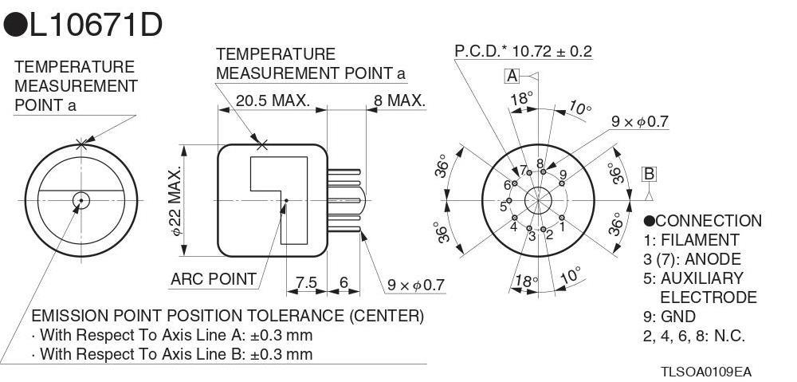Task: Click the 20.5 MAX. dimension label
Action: tap(273, 101)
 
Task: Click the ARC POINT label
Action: tap(214, 279)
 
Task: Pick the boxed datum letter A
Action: tap(512, 76)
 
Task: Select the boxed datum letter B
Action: tap(649, 174)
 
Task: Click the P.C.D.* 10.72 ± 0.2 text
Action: tap(523, 52)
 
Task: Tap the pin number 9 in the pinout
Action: tap(563, 175)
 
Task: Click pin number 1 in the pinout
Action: tap(562, 226)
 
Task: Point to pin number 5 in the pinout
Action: tap(503, 207)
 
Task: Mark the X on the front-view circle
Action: tap(80, 144)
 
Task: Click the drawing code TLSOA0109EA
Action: tap(705, 372)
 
